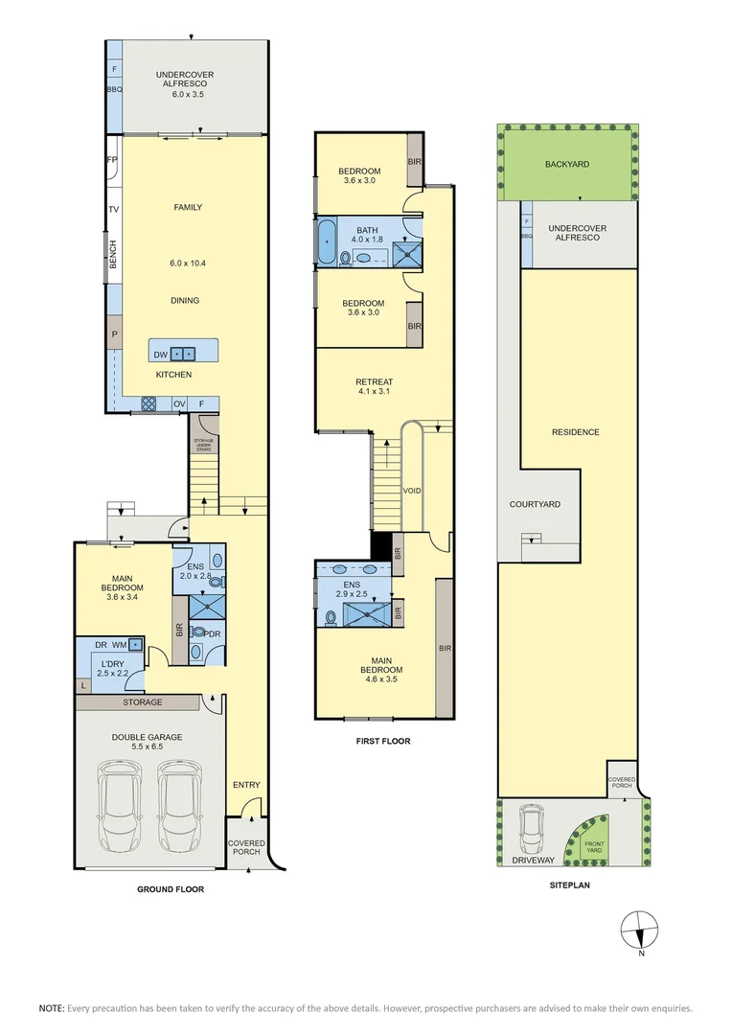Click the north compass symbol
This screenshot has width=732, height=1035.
coord(640,931)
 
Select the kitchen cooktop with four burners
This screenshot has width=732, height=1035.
coord(149,403)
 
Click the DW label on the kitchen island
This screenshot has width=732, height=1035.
coord(160,355)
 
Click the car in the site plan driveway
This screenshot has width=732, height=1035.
coord(532,829)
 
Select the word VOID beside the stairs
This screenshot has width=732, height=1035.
coord(412,491)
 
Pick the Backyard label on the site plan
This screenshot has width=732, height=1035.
coord(567,165)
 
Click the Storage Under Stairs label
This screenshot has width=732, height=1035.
coord(203,445)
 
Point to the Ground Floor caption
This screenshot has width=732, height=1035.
coord(171,889)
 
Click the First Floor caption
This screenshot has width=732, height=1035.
coord(383,741)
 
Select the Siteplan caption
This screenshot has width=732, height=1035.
coord(570,885)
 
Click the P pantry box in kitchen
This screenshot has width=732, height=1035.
coord(114,334)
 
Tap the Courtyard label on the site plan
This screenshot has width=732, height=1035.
coord(535,504)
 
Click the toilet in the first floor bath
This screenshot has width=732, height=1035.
coord(345,258)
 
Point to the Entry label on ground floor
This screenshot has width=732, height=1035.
coord(246,785)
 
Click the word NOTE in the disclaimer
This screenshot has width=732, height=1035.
coord(52,1008)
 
